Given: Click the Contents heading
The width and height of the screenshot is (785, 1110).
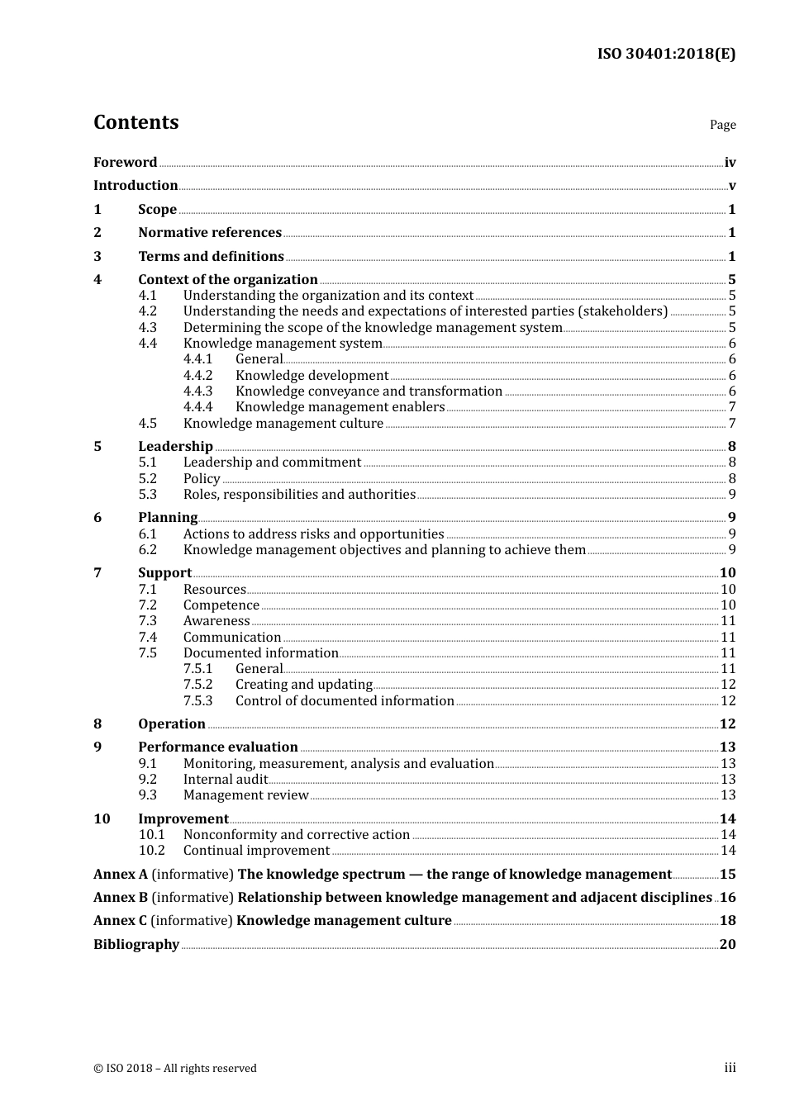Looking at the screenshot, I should (x=136, y=122).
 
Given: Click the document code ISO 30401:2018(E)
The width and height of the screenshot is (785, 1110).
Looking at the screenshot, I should (x=666, y=54).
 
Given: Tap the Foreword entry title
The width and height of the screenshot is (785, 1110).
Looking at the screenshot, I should (x=125, y=163).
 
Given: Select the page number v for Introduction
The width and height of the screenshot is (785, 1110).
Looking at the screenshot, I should (x=731, y=186).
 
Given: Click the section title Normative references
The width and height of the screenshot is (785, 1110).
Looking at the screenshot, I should (x=210, y=233).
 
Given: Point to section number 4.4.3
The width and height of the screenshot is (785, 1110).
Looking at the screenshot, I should (x=197, y=391).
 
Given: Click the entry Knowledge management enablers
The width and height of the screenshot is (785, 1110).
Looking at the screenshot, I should (x=340, y=407).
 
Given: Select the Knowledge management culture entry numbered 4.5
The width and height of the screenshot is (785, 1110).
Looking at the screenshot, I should (x=283, y=424).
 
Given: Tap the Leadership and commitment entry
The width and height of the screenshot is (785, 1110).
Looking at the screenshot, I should (x=272, y=462).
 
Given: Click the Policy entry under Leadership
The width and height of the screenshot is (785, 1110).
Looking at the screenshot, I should (x=202, y=479).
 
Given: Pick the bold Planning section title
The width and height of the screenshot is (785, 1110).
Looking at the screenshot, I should (x=168, y=518).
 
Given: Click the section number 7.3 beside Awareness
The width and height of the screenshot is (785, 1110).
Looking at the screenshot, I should (x=147, y=621).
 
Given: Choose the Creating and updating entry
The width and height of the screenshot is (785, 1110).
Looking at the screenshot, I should (x=303, y=685).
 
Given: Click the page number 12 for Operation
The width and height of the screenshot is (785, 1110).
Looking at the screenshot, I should (x=727, y=724).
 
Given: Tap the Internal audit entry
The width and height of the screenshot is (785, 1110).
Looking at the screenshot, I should (x=225, y=780).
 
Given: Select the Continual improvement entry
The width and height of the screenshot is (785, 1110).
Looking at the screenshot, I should (x=256, y=851).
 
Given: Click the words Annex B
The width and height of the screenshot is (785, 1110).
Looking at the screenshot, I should (x=121, y=898).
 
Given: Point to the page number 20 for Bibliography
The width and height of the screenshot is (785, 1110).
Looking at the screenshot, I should (x=727, y=945).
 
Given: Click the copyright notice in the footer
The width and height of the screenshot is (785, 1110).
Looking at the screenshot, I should (x=175, y=1069).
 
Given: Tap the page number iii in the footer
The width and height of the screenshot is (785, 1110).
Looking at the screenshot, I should (x=730, y=1068).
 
